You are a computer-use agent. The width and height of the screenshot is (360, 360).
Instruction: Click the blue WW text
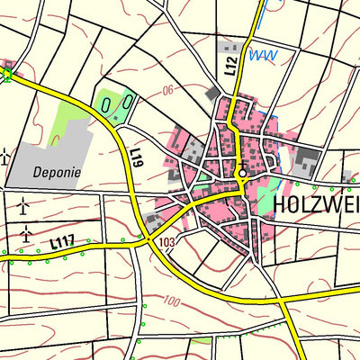click(x=262, y=55)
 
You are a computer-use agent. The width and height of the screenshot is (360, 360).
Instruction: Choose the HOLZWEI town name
click(x=313, y=204)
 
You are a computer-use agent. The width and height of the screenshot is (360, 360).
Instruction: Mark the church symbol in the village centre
click(x=241, y=173)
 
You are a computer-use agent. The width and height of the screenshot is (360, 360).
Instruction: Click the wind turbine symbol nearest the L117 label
click(x=26, y=233)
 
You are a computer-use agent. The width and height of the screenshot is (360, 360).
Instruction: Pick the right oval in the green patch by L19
click(x=126, y=103)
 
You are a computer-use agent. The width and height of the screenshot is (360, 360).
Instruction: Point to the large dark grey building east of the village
click(x=307, y=164)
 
